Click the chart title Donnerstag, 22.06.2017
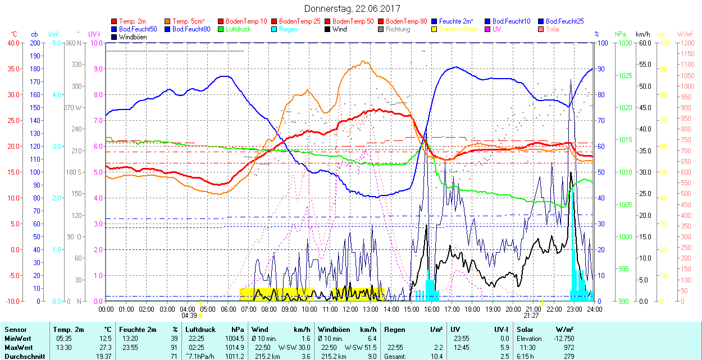click(352, 8)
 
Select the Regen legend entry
click(288, 29)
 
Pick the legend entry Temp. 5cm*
click(189, 21)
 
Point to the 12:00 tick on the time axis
click(350, 309)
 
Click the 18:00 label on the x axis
click(472, 309)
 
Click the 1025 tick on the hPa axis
click(624, 75)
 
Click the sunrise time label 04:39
click(189, 316)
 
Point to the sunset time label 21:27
click(533, 316)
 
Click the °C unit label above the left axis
click(14, 34)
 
